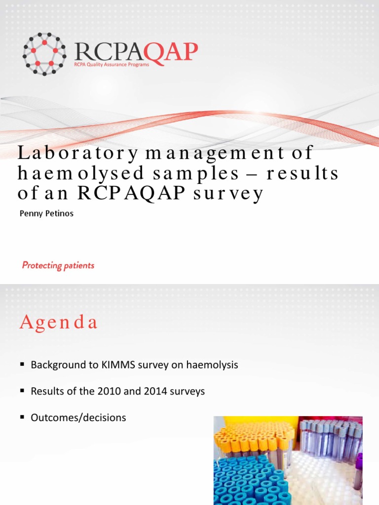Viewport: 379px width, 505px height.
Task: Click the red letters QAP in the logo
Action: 171,51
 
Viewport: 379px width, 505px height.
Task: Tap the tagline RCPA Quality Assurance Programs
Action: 111,65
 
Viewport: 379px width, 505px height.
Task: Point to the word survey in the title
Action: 228,194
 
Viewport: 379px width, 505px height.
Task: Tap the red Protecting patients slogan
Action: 58,265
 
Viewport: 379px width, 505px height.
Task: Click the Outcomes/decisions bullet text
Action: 78,418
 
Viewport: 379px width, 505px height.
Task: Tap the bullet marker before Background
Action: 22,364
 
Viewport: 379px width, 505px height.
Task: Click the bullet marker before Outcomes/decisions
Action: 22,417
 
